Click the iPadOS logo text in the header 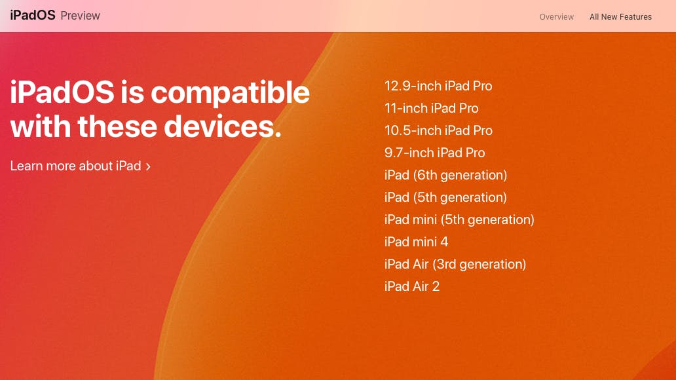(33, 15)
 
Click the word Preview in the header (80, 16)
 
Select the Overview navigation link (556, 17)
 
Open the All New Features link (620, 17)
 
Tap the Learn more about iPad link (75, 166)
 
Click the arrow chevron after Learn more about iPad (148, 166)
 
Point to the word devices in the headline (222, 126)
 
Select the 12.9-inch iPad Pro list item (438, 86)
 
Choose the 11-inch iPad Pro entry (431, 108)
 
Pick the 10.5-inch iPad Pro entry (438, 130)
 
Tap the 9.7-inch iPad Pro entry (434, 153)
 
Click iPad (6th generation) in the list (445, 175)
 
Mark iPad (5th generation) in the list (445, 197)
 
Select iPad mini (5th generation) (459, 219)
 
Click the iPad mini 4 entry (416, 242)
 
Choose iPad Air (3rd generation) (455, 264)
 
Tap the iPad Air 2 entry (411, 286)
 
